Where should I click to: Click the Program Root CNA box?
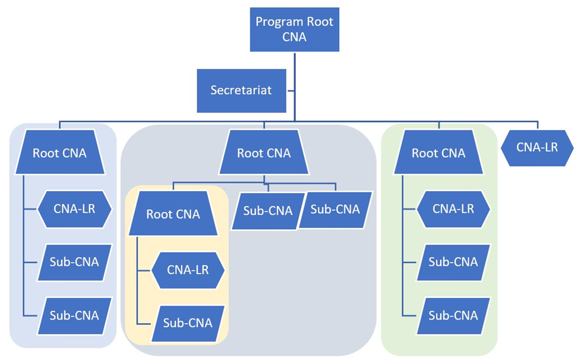[294, 30]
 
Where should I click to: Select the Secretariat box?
[241, 91]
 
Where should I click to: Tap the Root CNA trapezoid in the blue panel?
[60, 153]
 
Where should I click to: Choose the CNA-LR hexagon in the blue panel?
[75, 208]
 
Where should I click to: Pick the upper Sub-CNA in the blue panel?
[75, 262]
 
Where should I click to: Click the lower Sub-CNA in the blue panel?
[75, 316]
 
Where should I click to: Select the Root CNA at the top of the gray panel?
[264, 153]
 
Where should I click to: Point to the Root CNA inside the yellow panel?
[173, 214]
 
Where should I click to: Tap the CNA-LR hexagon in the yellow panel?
[188, 269]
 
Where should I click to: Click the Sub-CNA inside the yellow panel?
[188, 323]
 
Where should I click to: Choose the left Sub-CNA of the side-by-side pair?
[268, 210]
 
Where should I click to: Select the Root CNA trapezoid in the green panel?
[439, 153]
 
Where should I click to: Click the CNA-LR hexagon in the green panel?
[453, 208]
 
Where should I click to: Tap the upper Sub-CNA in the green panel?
[453, 262]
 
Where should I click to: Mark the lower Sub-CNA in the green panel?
[453, 315]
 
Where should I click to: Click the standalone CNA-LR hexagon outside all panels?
[537, 147]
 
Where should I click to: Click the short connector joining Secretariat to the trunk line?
[291, 91]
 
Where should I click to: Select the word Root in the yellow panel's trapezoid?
[159, 214]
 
